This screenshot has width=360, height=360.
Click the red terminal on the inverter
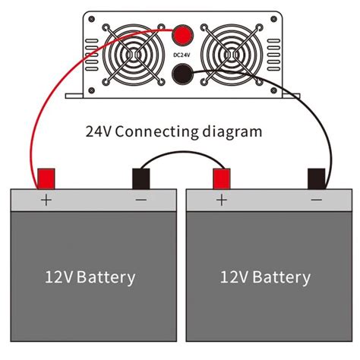click(x=182, y=35)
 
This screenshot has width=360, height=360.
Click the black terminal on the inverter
click(x=182, y=74)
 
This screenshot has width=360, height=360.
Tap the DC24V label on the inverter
click(x=182, y=55)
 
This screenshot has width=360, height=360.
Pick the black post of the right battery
click(x=316, y=178)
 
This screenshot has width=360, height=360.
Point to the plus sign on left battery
click(x=46, y=201)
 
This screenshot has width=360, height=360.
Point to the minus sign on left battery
click(x=141, y=201)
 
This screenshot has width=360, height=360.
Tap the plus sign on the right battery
click(x=222, y=201)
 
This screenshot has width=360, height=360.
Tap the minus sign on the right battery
click(x=316, y=201)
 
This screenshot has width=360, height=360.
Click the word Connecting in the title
click(x=156, y=131)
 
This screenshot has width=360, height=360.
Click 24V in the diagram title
click(x=99, y=130)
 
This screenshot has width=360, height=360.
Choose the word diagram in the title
click(x=232, y=131)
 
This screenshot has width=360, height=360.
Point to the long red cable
click(x=34, y=114)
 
